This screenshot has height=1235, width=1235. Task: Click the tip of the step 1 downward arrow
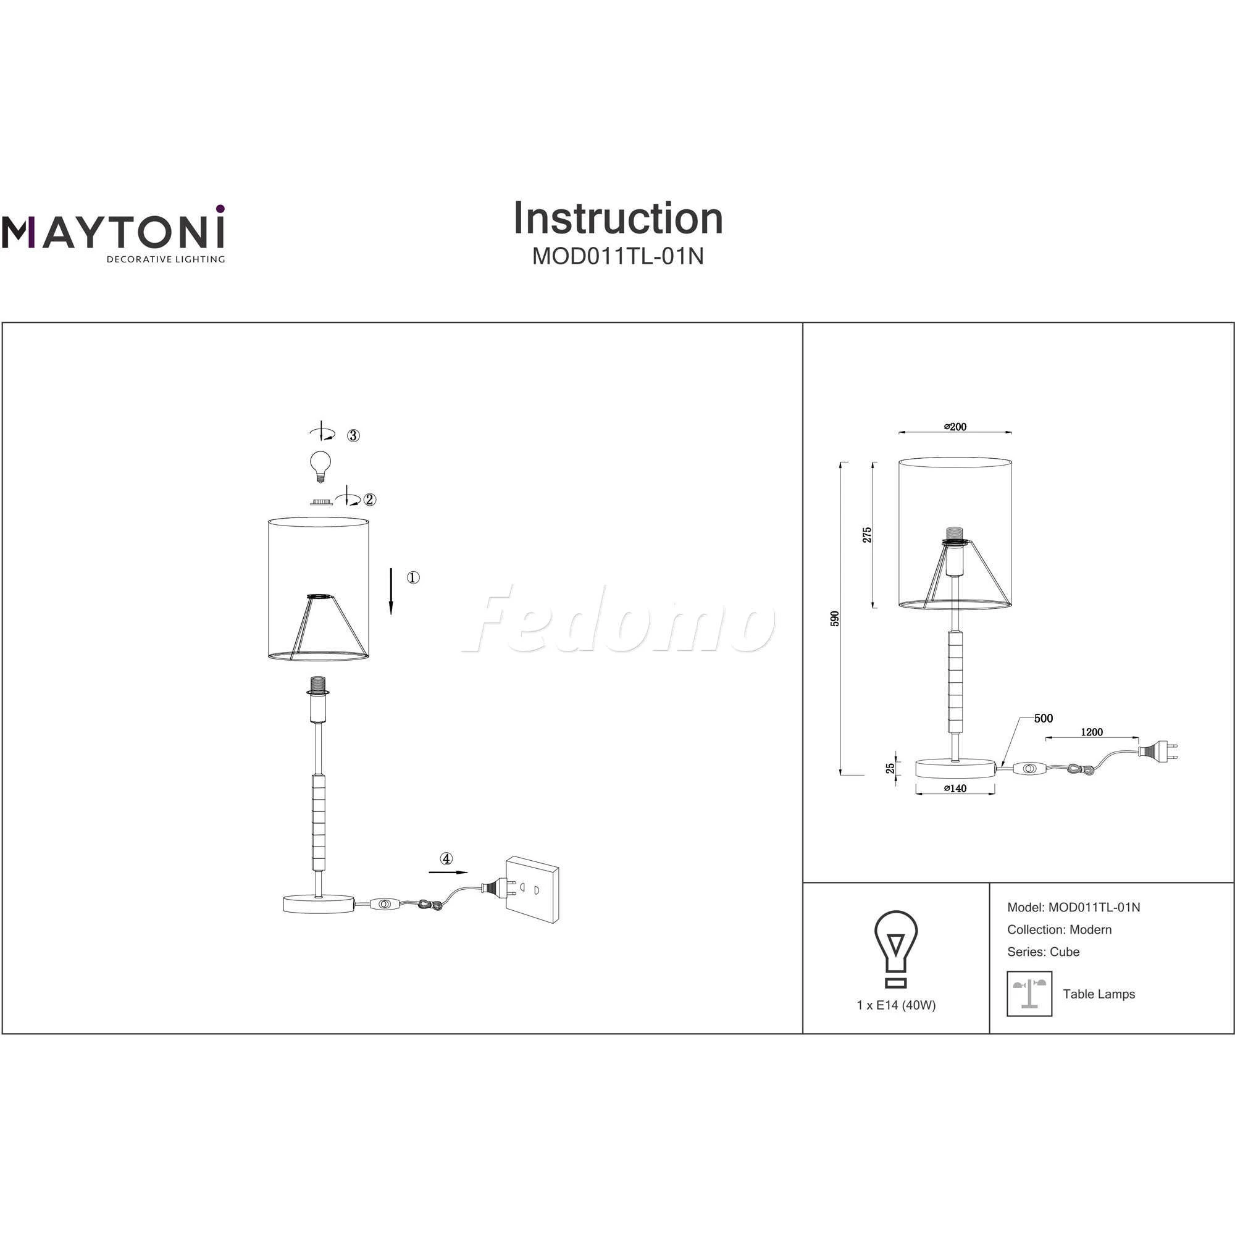[391, 614]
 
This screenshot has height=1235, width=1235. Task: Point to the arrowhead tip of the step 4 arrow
[468, 871]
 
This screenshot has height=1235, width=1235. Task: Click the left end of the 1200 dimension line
[1046, 739]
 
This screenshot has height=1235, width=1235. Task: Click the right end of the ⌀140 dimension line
[995, 794]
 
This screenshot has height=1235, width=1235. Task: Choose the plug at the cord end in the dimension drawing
[1157, 750]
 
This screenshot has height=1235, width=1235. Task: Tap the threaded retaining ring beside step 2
[321, 503]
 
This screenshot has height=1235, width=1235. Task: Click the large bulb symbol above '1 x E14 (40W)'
[896, 949]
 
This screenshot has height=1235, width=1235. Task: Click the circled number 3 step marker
[353, 435]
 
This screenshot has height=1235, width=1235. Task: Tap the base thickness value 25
[890, 768]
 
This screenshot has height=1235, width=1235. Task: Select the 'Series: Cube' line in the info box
[1043, 951]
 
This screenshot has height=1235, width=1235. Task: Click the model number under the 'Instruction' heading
[618, 256]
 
